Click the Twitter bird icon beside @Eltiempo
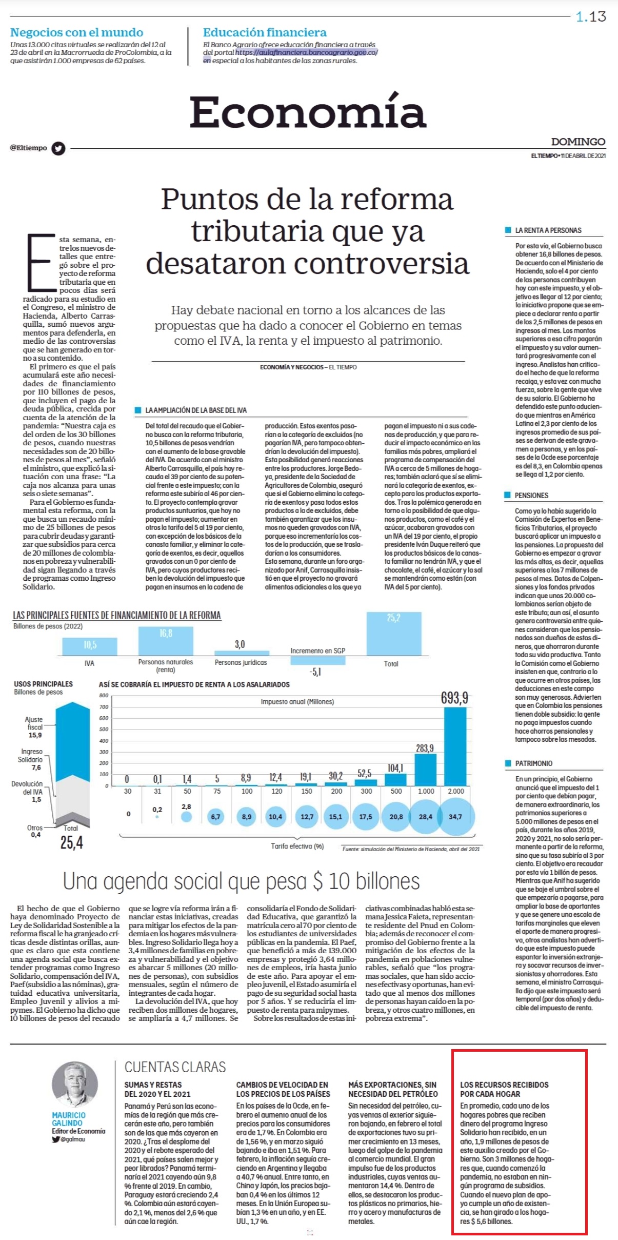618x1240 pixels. [58, 148]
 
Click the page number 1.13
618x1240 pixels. [591, 17]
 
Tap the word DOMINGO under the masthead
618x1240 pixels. [578, 142]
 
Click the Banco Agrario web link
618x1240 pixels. [307, 52]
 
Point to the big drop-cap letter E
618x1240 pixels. [41, 262]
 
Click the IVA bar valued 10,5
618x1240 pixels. [90, 646]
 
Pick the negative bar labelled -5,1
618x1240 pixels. [317, 660]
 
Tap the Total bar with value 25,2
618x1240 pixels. [393, 634]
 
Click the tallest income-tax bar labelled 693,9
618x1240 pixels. [455, 746]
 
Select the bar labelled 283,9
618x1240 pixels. [425, 770]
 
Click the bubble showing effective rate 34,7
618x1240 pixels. [455, 816]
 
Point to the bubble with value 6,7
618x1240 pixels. [216, 816]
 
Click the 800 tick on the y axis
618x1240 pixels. [104, 696]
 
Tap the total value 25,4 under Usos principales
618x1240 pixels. [72, 842]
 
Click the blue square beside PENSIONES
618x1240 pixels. [508, 495]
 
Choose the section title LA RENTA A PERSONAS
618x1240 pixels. [548, 230]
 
